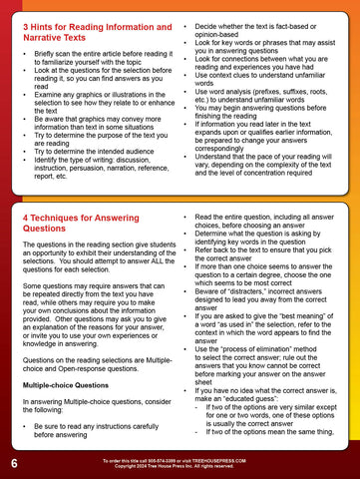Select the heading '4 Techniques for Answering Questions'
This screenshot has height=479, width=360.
click(85, 223)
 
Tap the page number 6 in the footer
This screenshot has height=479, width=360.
click(13, 465)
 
